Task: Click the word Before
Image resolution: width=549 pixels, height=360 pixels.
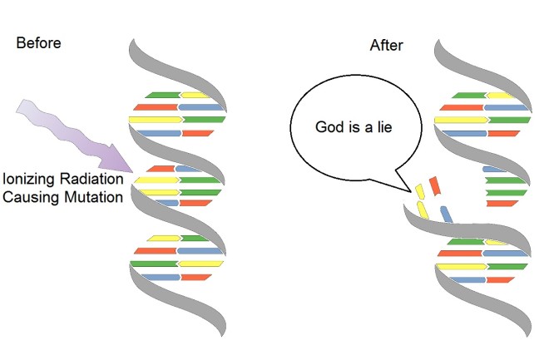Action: (x=38, y=43)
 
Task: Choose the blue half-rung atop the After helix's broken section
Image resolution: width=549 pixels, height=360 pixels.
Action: (x=497, y=169)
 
